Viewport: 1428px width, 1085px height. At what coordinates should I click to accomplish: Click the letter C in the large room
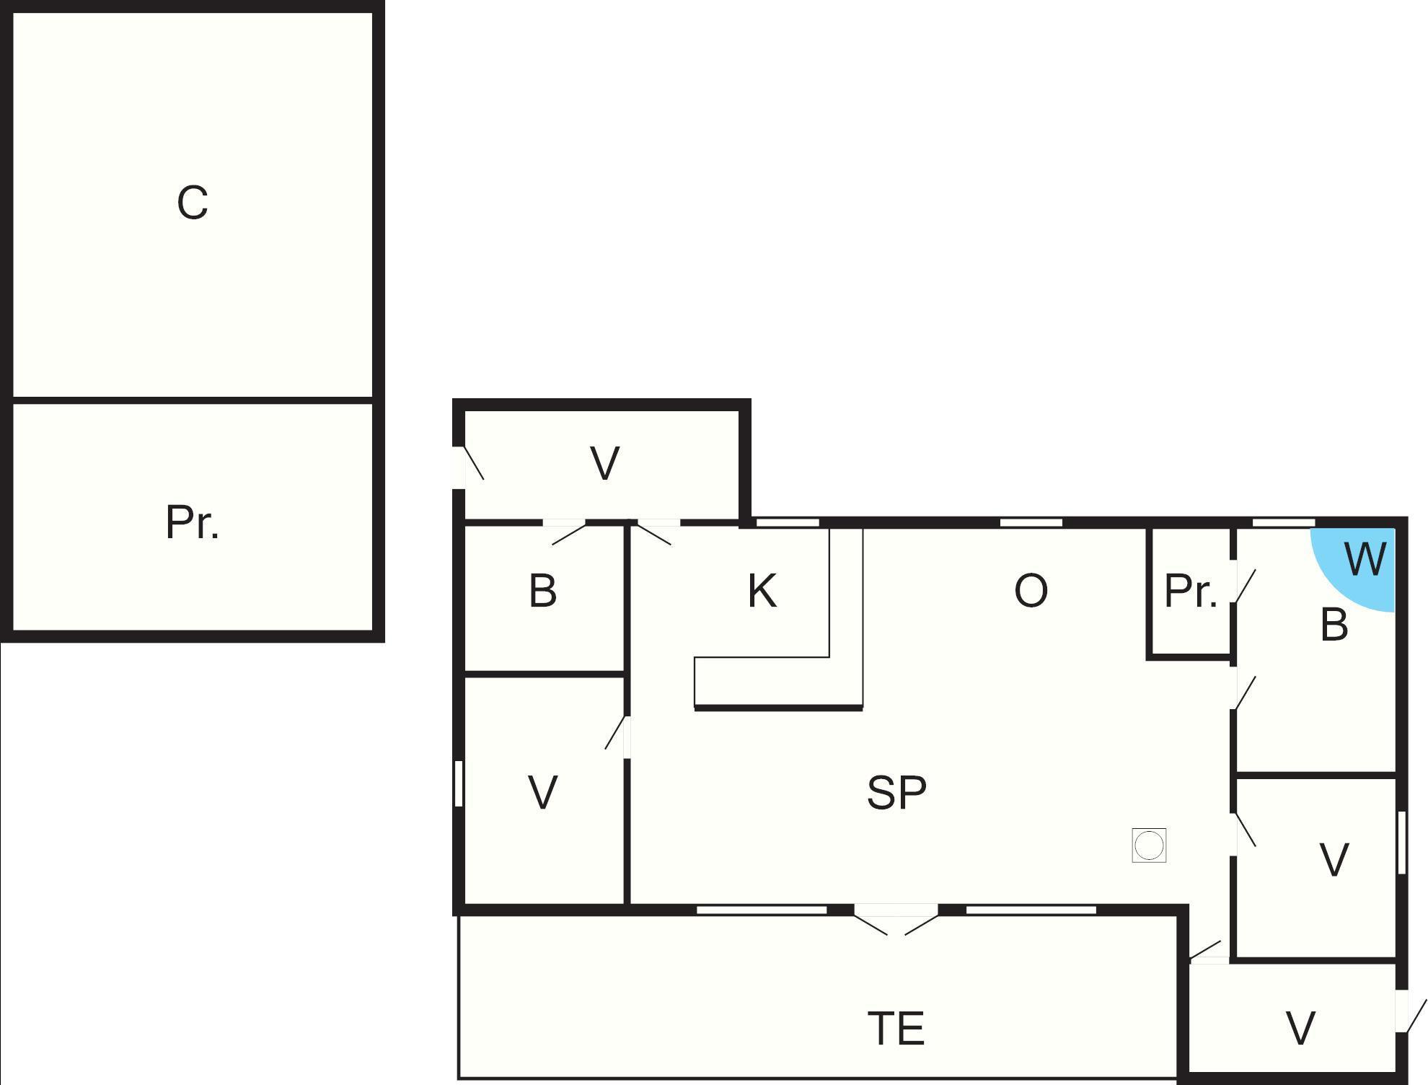point(193,203)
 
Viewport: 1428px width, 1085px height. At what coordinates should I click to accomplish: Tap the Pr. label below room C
point(193,522)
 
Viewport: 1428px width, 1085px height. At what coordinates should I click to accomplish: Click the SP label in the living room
point(896,792)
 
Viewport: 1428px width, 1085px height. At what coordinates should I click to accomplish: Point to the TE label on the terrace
point(896,1028)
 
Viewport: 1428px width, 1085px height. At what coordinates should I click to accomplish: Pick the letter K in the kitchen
point(762,591)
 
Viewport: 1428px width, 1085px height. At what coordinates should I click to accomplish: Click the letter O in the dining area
point(1031,591)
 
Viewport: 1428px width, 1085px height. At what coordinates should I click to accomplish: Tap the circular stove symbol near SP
point(1149,845)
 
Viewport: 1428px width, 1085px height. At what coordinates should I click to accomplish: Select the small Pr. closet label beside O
point(1191,591)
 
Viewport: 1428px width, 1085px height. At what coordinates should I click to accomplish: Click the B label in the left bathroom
point(543,591)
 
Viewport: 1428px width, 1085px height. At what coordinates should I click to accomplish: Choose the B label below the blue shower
point(1334,625)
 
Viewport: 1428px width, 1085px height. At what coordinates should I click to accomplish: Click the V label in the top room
point(604,463)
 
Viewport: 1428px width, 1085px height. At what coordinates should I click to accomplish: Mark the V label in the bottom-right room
point(1300,1029)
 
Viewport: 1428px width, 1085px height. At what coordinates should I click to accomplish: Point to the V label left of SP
point(542,792)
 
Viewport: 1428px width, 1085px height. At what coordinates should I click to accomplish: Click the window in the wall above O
point(1031,522)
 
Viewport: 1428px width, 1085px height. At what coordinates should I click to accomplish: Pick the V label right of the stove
point(1334,860)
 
